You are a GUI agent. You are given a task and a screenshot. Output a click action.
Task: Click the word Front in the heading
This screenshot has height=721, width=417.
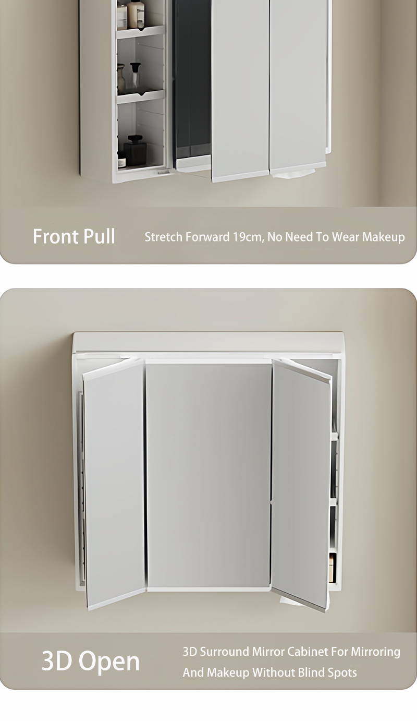click(x=55, y=236)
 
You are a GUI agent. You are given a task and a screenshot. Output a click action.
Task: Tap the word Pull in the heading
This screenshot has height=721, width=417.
click(x=98, y=236)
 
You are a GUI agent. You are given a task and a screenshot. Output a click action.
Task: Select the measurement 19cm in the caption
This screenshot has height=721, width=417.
click(x=247, y=237)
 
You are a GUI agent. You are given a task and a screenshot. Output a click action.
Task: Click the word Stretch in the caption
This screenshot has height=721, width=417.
click(x=163, y=237)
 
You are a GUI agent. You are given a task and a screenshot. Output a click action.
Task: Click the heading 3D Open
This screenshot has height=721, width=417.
click(x=91, y=662)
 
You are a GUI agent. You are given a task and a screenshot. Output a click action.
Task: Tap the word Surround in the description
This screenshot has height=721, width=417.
click(x=224, y=652)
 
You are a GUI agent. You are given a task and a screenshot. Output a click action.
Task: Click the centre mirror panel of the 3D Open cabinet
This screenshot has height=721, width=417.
click(x=208, y=475)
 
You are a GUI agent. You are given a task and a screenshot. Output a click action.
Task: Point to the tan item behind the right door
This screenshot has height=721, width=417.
click(x=332, y=567)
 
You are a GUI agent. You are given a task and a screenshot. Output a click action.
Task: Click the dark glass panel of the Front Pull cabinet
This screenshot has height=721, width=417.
click(x=192, y=78)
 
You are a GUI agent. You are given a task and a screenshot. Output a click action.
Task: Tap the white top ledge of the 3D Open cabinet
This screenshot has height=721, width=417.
click(x=208, y=342)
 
